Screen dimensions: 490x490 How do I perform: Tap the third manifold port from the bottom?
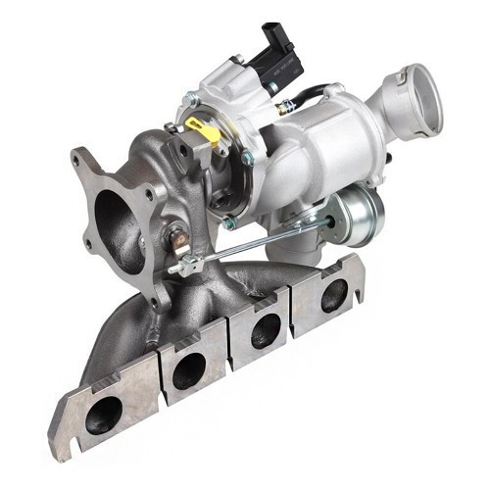pyautogui.click(x=266, y=328)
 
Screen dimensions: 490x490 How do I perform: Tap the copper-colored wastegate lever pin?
pyautogui.click(x=177, y=236)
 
